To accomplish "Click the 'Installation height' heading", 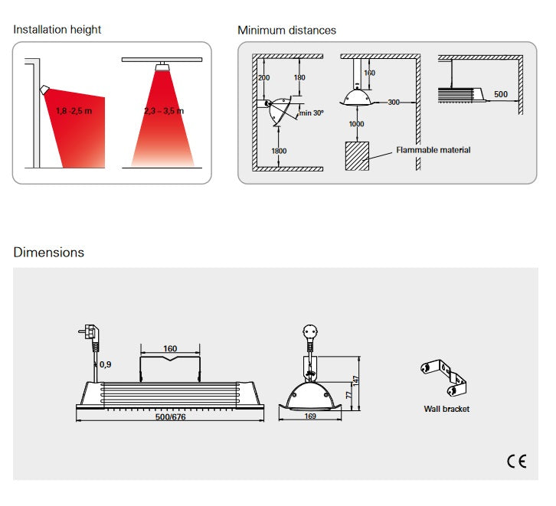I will click(57, 30).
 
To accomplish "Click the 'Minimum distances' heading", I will click(286, 31).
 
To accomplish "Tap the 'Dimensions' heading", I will click(48, 252).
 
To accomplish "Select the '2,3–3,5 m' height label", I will click(164, 111).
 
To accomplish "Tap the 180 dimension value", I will click(299, 77).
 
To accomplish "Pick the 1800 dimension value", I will click(279, 151).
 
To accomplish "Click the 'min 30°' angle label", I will click(312, 113).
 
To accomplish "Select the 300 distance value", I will click(394, 102).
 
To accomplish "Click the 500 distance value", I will click(500, 94).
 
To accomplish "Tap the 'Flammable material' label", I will click(433, 150).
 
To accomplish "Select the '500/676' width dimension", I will click(170, 417).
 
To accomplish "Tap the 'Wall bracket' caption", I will click(446, 409).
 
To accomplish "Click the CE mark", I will click(516, 461).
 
